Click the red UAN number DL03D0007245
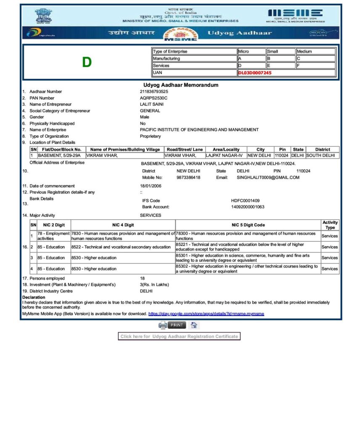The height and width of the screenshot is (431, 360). pos(255,73)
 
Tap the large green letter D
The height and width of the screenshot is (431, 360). pos(87,63)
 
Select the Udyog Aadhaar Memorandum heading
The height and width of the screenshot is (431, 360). pos(181,85)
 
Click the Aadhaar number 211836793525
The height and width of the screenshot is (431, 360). pos(154,91)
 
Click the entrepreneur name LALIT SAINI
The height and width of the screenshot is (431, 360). pos(152,104)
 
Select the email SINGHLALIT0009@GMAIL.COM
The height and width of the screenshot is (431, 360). pos(268,178)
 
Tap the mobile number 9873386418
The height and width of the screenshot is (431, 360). pos(188,178)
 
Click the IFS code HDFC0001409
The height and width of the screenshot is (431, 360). pos(245,201)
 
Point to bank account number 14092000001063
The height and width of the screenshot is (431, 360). pos(248,207)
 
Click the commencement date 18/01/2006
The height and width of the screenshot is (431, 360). pos(151,186)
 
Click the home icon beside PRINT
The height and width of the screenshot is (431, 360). pos(194,325)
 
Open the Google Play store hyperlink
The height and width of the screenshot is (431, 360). pos(206,314)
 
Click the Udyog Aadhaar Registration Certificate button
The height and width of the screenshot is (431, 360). pos(179,336)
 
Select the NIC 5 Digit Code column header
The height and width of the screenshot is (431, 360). pos(248,225)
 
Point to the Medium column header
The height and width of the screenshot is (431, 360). pos(304,51)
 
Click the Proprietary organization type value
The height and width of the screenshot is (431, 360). pos(151,136)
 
